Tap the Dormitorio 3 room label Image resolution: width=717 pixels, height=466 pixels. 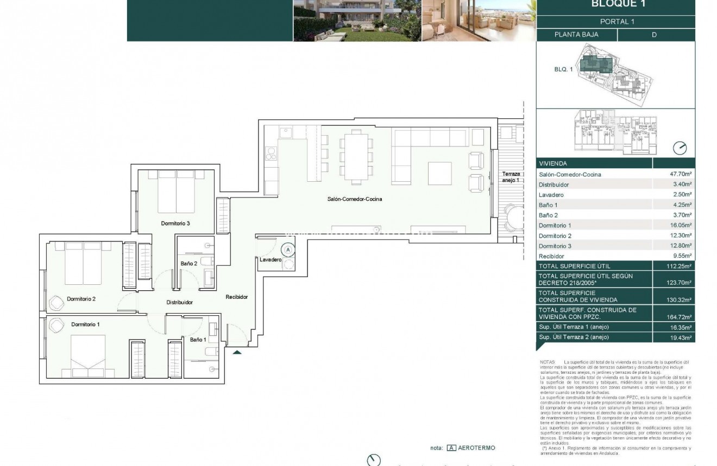point(175,223)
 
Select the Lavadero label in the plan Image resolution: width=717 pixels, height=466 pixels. point(270,260)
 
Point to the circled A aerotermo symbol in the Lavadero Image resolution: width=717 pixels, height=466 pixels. point(289,250)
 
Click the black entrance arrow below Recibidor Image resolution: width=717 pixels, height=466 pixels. point(237,353)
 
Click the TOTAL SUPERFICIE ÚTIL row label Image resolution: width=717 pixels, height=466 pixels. point(574,266)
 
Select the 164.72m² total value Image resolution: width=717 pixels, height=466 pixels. point(680,317)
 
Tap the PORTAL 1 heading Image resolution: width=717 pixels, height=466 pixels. point(617,22)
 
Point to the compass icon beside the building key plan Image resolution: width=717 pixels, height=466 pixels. point(680,148)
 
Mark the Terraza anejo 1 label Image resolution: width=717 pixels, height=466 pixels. point(511,177)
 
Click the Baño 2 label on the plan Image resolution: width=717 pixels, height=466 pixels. point(189,264)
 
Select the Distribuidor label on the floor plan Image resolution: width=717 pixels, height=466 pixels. point(180,302)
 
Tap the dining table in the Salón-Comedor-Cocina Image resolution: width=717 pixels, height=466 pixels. point(356,157)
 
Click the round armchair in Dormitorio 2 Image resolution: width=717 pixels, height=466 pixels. point(57,302)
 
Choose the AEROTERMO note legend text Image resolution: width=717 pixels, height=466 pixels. point(477,448)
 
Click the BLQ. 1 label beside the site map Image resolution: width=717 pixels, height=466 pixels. point(563,69)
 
